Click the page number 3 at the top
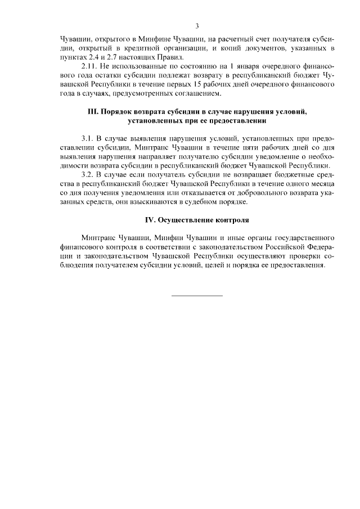click(x=197, y=26)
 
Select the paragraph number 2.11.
click(x=91, y=66)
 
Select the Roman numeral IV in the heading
click(x=149, y=219)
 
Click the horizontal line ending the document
click(x=197, y=295)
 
